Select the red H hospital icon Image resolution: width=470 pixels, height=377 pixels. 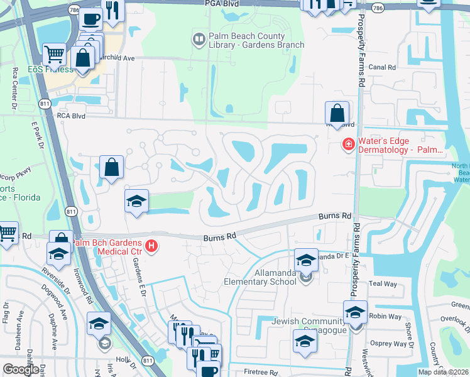pos(151,246)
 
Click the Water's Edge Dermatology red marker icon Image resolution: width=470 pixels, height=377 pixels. pos(347,145)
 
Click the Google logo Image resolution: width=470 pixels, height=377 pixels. pos(21,369)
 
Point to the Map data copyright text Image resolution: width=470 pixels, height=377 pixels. pos(443,372)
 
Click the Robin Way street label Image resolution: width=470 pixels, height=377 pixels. pos(385,317)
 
